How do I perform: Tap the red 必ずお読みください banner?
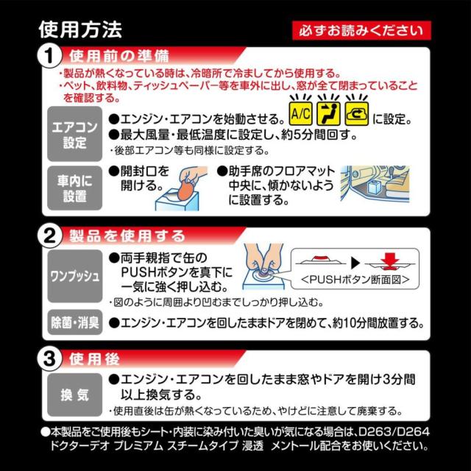pyautogui.click(x=361, y=30)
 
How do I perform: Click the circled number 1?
pyautogui.click(x=49, y=56)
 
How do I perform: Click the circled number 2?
pyautogui.click(x=49, y=236)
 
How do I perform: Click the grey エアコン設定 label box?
pyautogui.click(x=73, y=133)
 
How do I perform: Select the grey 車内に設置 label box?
pyautogui.click(x=73, y=187)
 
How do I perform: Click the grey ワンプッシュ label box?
pyautogui.click(x=73, y=278)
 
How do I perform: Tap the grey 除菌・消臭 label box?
pyautogui.click(x=73, y=322)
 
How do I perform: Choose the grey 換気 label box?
pyautogui.click(x=73, y=394)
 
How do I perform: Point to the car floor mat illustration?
pyautogui.click(x=378, y=187)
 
